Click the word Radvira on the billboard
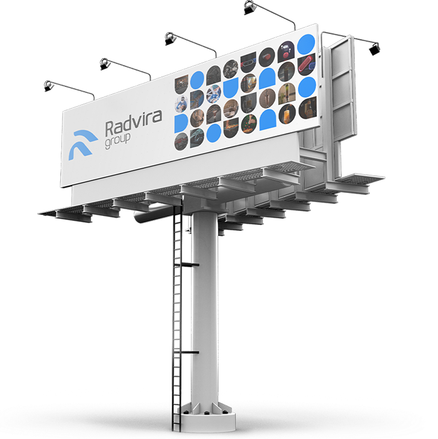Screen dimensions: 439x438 click(x=133, y=124)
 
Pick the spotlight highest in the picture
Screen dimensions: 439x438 click(x=249, y=7)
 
